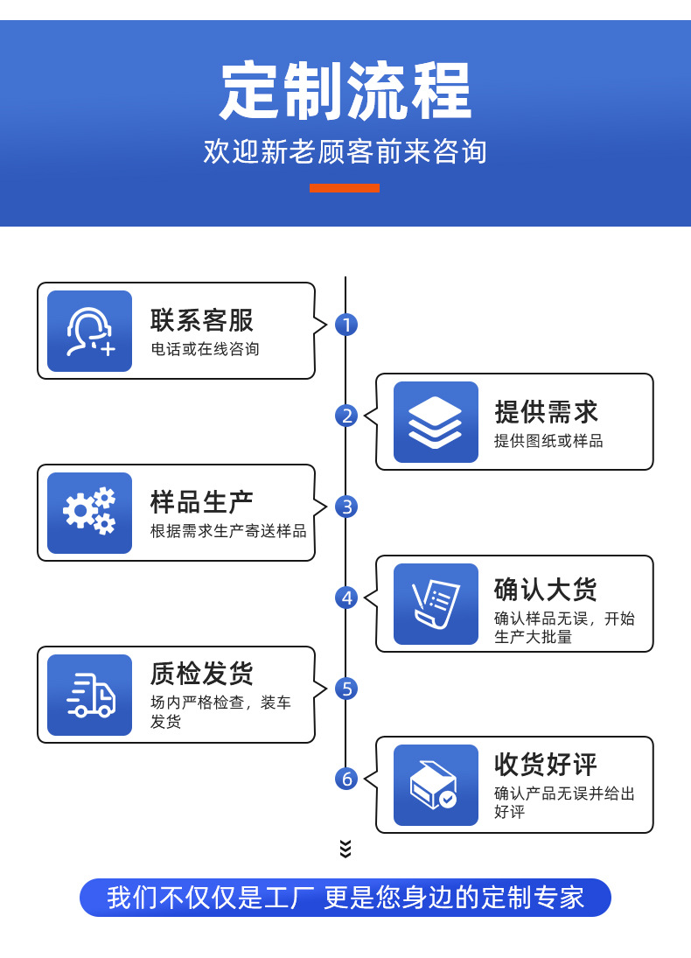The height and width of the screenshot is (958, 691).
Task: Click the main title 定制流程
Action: click(345, 91)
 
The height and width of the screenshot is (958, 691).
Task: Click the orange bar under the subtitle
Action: click(345, 187)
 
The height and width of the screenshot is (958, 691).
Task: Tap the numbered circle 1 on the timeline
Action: click(346, 325)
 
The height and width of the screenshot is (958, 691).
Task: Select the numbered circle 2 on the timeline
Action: click(346, 416)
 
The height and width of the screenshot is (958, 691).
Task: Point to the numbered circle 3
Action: click(346, 507)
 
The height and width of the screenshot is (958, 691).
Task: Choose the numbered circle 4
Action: click(346, 598)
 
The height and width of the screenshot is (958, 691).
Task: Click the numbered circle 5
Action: click(346, 689)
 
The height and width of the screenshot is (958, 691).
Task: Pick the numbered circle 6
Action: click(346, 779)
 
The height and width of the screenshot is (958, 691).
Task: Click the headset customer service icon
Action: click(90, 332)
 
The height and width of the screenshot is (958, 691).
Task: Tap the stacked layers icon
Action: click(436, 422)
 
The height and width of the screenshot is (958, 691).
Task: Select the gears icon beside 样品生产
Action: click(90, 513)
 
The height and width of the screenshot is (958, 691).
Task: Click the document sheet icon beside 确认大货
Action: click(436, 604)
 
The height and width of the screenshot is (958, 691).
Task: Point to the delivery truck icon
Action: click(90, 695)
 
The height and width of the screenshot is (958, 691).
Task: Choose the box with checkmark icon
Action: click(436, 785)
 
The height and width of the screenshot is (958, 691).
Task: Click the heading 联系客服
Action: click(202, 320)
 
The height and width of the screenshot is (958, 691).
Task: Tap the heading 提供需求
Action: click(547, 411)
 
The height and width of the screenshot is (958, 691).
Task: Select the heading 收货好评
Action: click(547, 765)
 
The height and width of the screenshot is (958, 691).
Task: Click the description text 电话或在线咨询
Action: click(206, 349)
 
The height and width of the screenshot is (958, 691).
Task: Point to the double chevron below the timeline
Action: click(345, 848)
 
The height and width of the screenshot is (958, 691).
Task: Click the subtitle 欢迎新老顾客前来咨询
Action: click(345, 151)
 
